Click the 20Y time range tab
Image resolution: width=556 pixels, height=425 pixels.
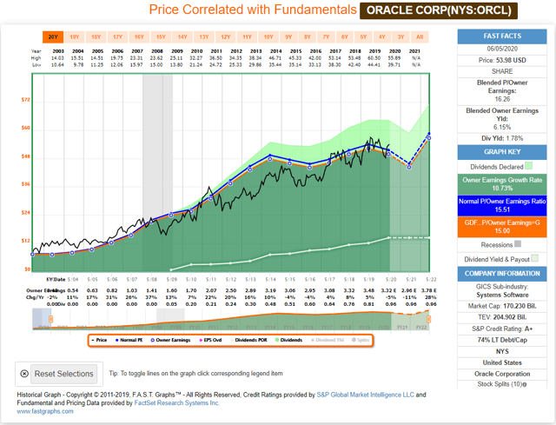(53, 37)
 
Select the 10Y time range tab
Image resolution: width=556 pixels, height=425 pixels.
(268, 37)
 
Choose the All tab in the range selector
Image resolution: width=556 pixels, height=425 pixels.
(420, 37)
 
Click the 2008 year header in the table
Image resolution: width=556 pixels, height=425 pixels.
(157, 51)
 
